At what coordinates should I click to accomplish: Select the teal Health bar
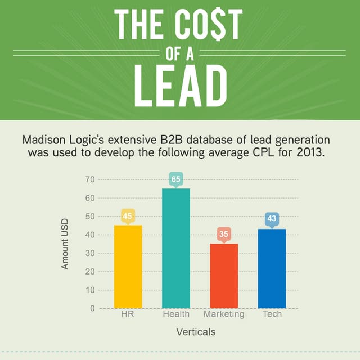click(176, 248)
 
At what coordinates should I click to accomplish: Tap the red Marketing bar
click(224, 276)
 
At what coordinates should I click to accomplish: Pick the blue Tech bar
click(272, 268)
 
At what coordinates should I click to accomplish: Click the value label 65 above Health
click(176, 179)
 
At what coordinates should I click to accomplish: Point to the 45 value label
click(128, 216)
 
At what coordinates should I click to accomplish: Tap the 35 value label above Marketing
click(224, 234)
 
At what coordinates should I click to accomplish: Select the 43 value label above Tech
click(272, 218)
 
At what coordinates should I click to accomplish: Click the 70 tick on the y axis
click(90, 179)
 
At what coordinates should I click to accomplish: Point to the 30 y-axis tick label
click(90, 253)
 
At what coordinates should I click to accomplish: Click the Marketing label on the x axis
click(224, 314)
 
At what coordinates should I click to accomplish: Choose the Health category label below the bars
click(176, 314)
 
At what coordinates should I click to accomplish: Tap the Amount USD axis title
click(65, 244)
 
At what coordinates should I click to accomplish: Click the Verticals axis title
click(195, 332)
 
